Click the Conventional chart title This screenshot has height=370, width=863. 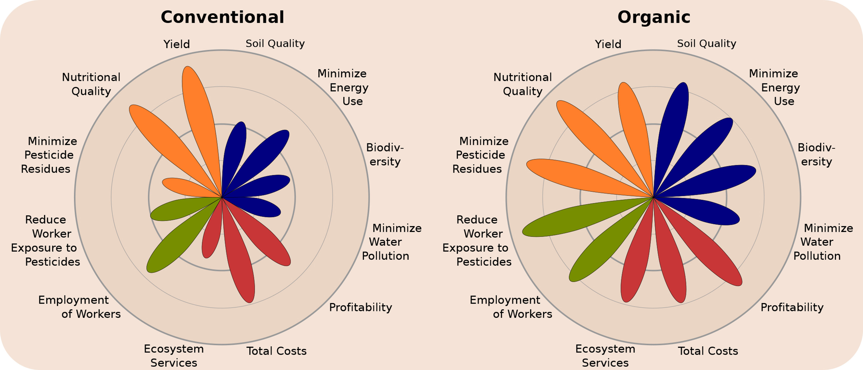(x=222, y=17)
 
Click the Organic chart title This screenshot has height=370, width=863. (x=654, y=17)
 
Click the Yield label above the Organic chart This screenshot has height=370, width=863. (x=608, y=44)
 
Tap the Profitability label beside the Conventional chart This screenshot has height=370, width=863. (x=361, y=307)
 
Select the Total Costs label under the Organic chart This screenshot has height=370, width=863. (x=708, y=351)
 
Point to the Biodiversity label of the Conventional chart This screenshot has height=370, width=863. (x=385, y=154)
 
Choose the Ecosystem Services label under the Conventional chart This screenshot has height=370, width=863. (x=174, y=356)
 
